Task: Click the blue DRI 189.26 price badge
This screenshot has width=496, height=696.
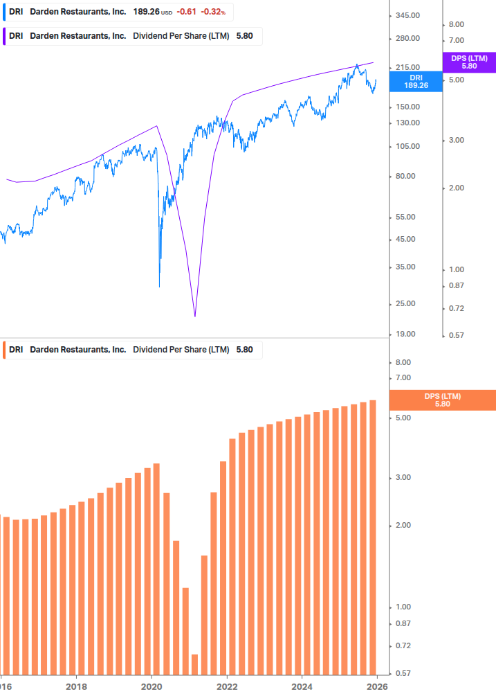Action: [x=415, y=82]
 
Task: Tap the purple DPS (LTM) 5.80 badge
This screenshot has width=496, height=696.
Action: [x=469, y=62]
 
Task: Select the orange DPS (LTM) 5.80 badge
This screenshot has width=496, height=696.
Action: [x=443, y=400]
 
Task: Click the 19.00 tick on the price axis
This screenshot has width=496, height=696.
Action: [x=406, y=334]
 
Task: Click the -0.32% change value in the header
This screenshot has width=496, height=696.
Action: [x=213, y=12]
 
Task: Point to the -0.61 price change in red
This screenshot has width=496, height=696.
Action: [x=185, y=12]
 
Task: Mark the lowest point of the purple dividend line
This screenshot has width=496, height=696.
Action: [x=195, y=316]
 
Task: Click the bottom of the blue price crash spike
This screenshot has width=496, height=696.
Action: [x=160, y=286]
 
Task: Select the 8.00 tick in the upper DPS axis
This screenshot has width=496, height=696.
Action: [x=456, y=24]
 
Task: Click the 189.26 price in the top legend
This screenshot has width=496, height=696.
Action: [x=145, y=12]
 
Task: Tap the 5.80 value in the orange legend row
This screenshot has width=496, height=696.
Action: [x=245, y=350]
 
